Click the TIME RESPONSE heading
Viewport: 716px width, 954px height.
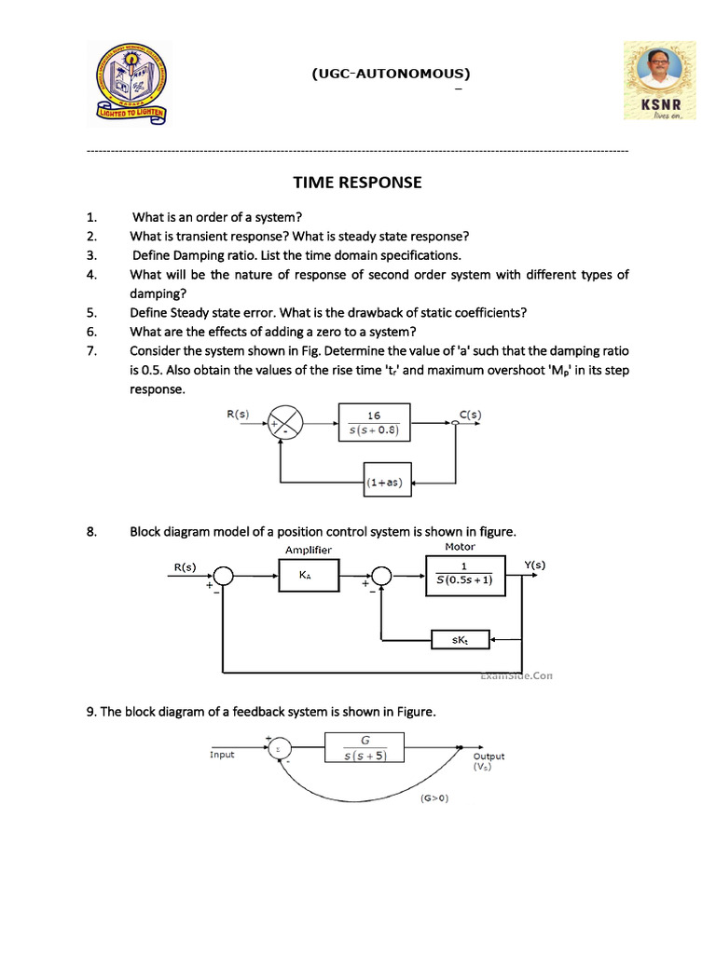coord(357,183)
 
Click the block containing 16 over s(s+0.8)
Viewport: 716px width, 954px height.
coord(374,422)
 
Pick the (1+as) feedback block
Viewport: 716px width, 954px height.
coord(385,483)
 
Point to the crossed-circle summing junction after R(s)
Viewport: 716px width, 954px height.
coord(286,422)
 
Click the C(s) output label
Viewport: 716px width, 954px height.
coord(468,413)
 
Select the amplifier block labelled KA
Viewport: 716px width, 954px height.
coord(306,578)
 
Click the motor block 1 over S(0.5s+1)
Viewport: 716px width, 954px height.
coord(463,577)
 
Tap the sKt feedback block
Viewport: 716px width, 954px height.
coord(461,639)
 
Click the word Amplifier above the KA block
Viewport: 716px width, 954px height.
coord(308,550)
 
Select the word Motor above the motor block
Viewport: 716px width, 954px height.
coord(460,547)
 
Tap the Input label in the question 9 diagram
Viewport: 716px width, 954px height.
coord(222,754)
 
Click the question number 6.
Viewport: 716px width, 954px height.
coord(90,332)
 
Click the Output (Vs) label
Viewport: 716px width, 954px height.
coord(489,761)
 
